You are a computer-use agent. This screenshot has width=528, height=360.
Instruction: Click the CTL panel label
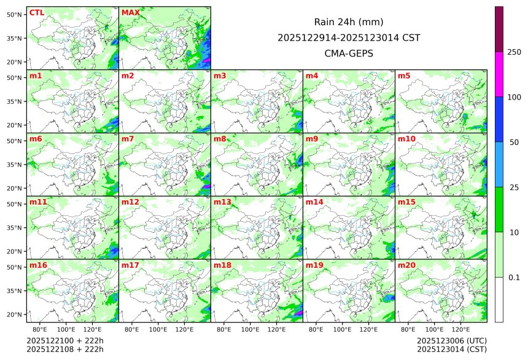click(36, 13)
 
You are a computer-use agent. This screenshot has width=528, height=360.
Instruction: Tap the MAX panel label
click(130, 13)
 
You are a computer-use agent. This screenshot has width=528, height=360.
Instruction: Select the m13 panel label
click(222, 202)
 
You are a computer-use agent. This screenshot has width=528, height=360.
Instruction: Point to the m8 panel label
click(220, 139)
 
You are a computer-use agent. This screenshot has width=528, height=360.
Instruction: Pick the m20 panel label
click(406, 265)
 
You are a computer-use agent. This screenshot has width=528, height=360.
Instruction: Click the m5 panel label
click(404, 76)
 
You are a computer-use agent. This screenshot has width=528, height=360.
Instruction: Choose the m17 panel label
click(130, 265)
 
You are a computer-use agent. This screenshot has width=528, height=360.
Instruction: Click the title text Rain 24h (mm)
click(349, 22)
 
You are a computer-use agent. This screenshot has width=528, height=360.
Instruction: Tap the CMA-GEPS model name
click(349, 53)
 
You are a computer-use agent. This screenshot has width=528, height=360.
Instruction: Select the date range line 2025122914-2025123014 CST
click(349, 37)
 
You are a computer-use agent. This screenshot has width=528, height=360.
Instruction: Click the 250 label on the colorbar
click(514, 52)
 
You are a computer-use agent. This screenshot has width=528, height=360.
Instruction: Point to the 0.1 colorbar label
click(514, 278)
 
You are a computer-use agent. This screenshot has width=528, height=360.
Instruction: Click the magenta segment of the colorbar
click(499, 74)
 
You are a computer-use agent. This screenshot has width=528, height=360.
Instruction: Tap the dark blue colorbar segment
click(499, 119)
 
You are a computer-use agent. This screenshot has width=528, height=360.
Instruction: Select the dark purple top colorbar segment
click(499, 29)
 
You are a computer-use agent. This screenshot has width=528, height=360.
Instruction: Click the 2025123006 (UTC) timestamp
click(451, 341)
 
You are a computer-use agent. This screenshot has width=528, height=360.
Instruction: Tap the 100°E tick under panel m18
click(250, 330)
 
